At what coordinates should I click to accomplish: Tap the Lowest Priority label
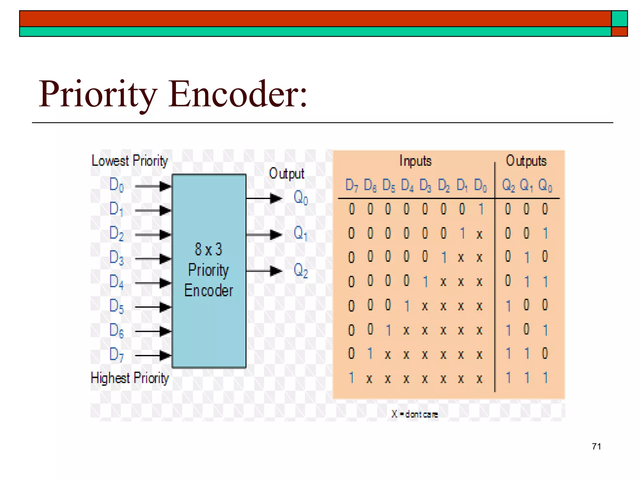pyautogui.click(x=129, y=161)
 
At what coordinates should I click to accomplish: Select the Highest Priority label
pyautogui.click(x=129, y=378)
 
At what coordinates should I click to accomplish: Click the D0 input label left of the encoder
pyautogui.click(x=117, y=185)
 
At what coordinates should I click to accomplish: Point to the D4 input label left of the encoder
pyautogui.click(x=117, y=282)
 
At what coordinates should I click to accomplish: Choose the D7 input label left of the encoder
pyautogui.click(x=117, y=354)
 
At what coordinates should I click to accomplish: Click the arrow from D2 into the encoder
pyautogui.click(x=153, y=235)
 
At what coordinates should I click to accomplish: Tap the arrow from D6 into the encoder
pyautogui.click(x=153, y=331)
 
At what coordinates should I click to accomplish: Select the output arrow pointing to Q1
pyautogui.click(x=264, y=234)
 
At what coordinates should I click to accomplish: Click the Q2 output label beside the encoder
pyautogui.click(x=301, y=270)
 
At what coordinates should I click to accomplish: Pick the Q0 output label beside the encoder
pyautogui.click(x=301, y=197)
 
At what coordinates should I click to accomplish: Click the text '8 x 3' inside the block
pyautogui.click(x=208, y=249)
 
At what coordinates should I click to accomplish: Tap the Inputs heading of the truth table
pyautogui.click(x=415, y=161)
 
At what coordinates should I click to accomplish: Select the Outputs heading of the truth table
pyautogui.click(x=526, y=161)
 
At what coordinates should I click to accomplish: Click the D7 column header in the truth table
pyautogui.click(x=352, y=185)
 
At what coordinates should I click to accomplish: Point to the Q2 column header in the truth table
pyautogui.click(x=508, y=185)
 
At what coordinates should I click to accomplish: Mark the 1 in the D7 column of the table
pyautogui.click(x=352, y=378)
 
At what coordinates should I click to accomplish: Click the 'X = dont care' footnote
pyautogui.click(x=415, y=414)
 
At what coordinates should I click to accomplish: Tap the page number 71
pyautogui.click(x=596, y=446)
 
